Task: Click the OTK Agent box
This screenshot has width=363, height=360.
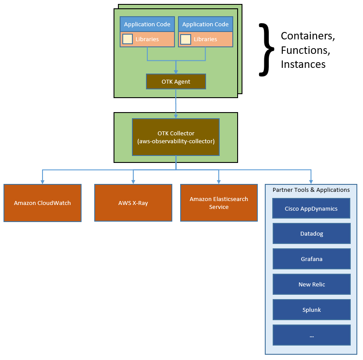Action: click(176, 82)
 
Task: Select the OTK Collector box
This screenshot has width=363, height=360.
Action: click(176, 137)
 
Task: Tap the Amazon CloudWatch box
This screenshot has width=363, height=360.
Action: click(43, 203)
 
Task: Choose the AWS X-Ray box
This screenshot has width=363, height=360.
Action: click(133, 203)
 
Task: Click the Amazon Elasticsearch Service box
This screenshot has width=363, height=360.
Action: click(219, 203)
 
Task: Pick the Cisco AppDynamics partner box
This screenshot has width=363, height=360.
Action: click(311, 208)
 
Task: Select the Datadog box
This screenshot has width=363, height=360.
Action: click(312, 234)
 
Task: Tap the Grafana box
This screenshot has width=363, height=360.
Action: click(312, 259)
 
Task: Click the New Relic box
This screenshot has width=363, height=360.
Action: click(312, 285)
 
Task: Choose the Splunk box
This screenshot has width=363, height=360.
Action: click(312, 310)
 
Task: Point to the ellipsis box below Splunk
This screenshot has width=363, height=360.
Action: click(312, 335)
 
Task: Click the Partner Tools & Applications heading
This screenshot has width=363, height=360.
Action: click(311, 190)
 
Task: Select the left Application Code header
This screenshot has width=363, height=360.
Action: click(147, 25)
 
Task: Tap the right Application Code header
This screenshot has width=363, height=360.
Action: click(206, 25)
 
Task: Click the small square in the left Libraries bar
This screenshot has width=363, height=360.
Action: click(128, 39)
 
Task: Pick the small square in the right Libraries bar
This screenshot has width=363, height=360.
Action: click(186, 39)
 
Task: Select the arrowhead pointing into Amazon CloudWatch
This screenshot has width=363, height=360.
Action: click(43, 181)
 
